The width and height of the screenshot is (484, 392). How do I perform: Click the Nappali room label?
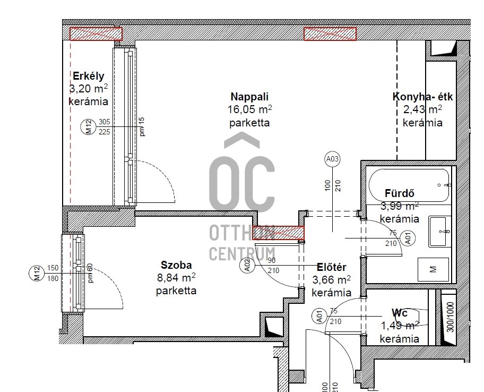[x=249, y=97]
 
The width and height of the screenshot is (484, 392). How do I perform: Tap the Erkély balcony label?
[x=89, y=76]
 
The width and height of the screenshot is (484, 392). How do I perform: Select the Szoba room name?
[x=176, y=265]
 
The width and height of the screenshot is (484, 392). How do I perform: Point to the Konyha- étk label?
[x=422, y=97]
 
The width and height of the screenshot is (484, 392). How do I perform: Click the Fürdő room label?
[x=400, y=193]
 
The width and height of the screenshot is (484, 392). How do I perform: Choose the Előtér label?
[x=332, y=267]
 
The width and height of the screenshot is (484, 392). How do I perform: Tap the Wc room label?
[x=400, y=313]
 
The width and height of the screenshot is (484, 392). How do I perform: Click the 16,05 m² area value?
[x=250, y=109]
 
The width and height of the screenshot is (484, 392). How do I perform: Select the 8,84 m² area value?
[x=176, y=278]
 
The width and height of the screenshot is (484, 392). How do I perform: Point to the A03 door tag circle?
[x=332, y=159]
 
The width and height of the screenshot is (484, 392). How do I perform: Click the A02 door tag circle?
[x=247, y=266]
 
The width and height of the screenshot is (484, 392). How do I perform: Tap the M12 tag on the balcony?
[x=88, y=127]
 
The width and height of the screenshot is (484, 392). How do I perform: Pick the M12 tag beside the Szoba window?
[x=37, y=274]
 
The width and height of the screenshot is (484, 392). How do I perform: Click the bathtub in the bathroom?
[x=409, y=185]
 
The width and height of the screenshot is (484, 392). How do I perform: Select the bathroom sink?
[x=440, y=232]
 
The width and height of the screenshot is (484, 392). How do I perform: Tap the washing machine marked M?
[x=433, y=269]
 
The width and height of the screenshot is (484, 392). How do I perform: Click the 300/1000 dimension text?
[x=451, y=317]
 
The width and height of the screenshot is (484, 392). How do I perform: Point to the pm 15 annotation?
[x=142, y=126]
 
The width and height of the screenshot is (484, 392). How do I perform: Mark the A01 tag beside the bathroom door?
[x=408, y=238]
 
